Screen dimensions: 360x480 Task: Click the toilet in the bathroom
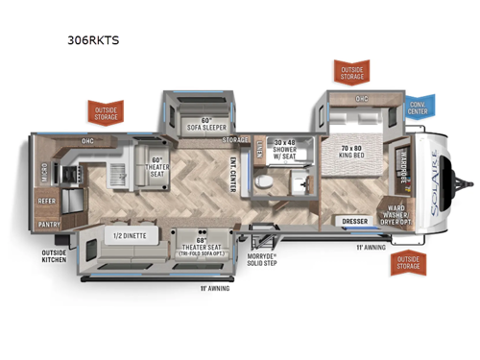[270, 180]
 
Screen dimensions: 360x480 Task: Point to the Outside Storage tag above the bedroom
[349, 72]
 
